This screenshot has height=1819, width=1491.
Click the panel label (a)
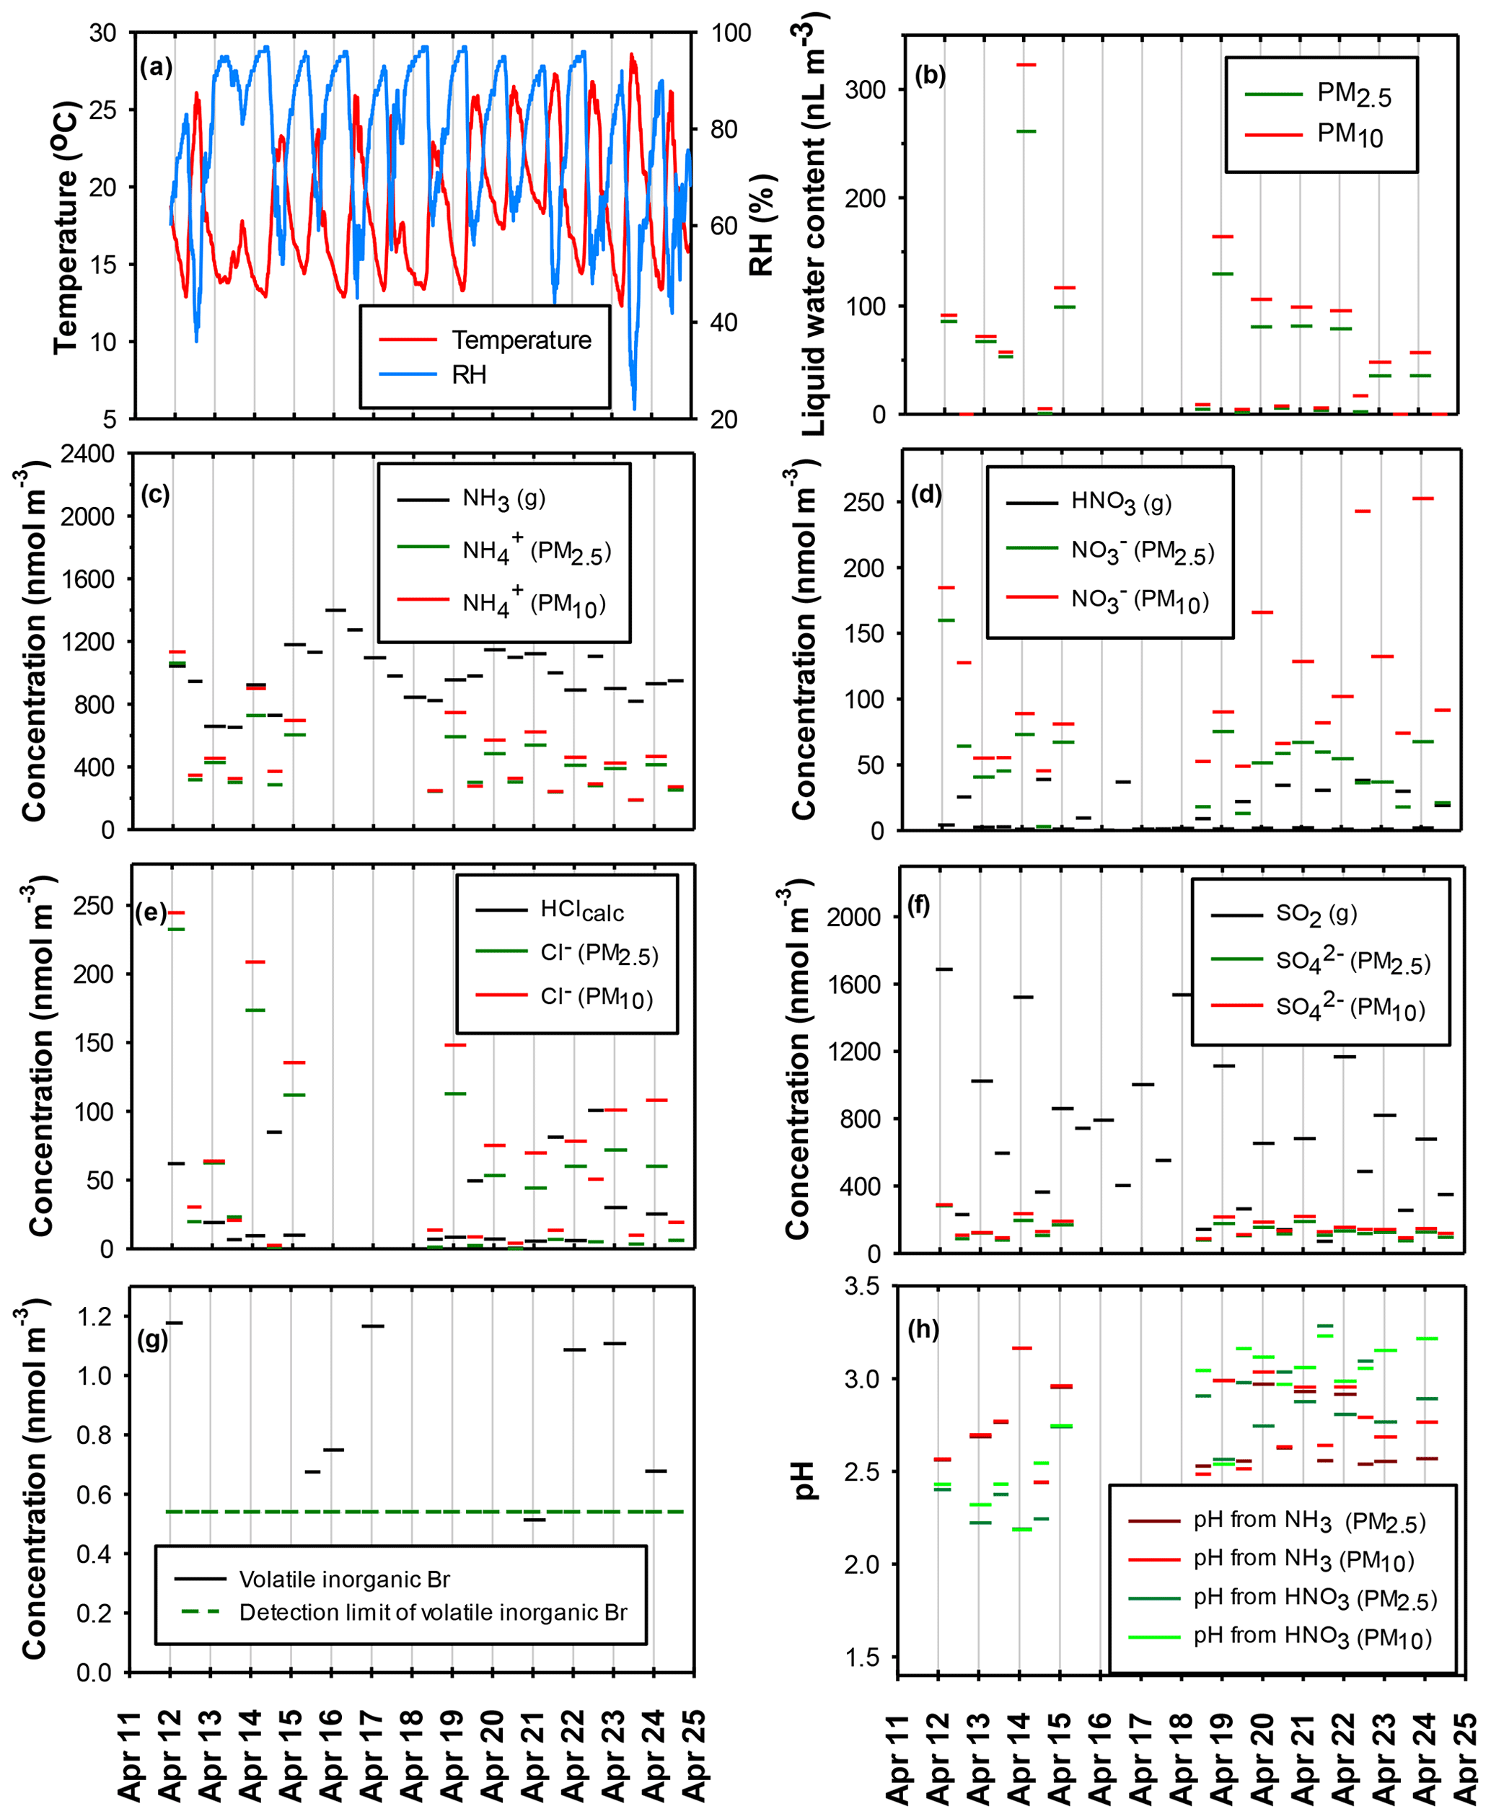click(x=156, y=68)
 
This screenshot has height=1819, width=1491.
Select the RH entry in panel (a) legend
click(x=468, y=375)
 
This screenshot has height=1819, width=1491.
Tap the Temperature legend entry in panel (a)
click(x=521, y=340)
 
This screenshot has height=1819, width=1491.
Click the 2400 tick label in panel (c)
click(x=87, y=454)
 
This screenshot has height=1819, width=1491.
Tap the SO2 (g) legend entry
click(x=1315, y=914)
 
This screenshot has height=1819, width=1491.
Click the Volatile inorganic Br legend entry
click(x=343, y=1580)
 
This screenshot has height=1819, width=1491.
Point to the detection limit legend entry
click(x=432, y=1613)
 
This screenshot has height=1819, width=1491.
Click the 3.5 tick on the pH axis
click(x=861, y=1287)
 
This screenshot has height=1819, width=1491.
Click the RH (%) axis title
click(x=762, y=225)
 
